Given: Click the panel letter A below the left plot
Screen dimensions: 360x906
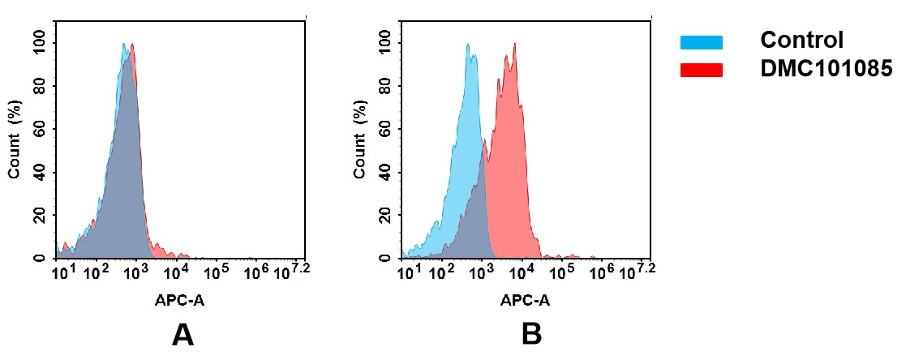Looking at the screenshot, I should (182, 334).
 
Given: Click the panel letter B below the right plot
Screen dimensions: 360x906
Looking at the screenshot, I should (530, 334).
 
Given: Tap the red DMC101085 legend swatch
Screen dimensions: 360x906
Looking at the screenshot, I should (702, 70).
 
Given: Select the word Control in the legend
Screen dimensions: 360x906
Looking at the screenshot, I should (801, 40).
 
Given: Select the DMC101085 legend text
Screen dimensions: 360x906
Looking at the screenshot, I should (826, 70).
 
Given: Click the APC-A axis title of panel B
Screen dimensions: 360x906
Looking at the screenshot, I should (525, 301).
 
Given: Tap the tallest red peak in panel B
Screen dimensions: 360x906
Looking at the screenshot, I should (514, 45).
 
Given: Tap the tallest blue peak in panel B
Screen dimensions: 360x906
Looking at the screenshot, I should (468, 45).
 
